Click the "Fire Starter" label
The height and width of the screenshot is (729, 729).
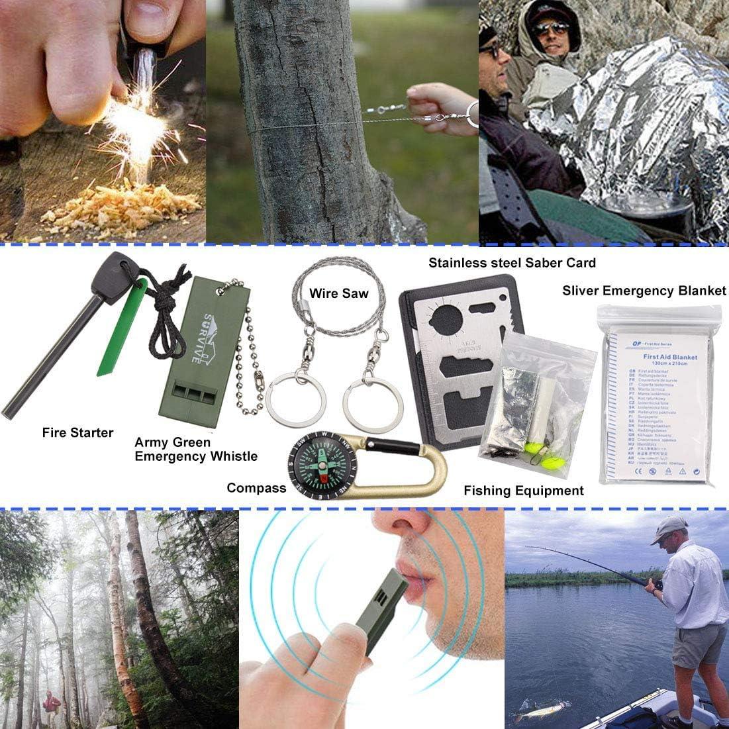[x=77, y=432]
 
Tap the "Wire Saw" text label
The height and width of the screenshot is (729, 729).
[x=338, y=293]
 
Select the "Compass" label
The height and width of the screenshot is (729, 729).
[x=256, y=488]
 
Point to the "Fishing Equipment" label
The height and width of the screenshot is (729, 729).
[x=523, y=491]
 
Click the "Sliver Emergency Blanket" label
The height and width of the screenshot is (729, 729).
[x=644, y=291]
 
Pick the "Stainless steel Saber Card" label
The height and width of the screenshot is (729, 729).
[x=512, y=263]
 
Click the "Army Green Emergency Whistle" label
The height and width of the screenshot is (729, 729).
[x=196, y=449]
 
